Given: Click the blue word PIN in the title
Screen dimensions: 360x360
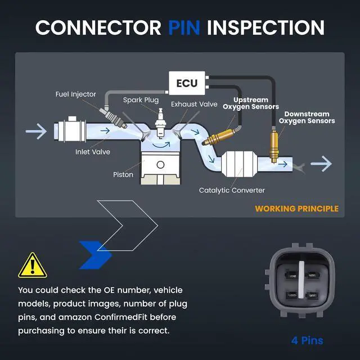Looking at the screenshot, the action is [x=184, y=28].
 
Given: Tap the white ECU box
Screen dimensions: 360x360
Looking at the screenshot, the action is [x=187, y=83].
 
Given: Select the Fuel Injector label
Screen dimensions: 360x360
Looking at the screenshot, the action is [x=76, y=94].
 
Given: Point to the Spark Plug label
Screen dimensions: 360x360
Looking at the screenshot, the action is [x=141, y=100].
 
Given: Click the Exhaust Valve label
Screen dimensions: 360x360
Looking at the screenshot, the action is [x=194, y=104].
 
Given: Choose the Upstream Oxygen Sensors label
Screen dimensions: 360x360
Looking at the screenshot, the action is [x=251, y=103].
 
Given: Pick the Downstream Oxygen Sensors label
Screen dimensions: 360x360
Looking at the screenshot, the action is [x=307, y=118].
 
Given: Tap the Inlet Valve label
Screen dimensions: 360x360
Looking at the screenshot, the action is [x=93, y=152].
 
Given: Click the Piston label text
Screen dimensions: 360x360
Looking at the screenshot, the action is [x=123, y=174].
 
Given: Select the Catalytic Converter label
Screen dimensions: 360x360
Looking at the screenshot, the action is [x=232, y=190].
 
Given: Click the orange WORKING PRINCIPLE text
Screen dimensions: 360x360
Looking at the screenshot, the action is [x=296, y=209].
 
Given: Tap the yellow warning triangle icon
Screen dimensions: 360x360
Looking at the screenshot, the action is [x=33, y=265].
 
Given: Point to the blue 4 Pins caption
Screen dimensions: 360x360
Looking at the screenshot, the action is [x=307, y=340].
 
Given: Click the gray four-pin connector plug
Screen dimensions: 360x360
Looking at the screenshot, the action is [x=300, y=281].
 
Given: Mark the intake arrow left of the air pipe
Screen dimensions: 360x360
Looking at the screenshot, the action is [x=36, y=131].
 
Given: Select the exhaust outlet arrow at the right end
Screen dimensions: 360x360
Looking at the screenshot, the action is [x=321, y=164].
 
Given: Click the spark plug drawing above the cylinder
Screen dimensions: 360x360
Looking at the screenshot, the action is [x=160, y=123].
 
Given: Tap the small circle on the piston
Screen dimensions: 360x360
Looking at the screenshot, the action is [x=160, y=164].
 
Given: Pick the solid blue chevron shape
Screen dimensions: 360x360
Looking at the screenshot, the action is [x=95, y=255].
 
